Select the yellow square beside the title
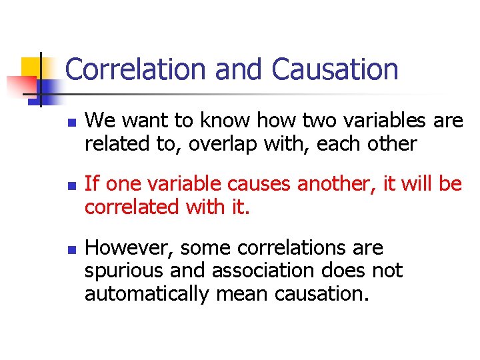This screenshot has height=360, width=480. click(33, 67)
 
